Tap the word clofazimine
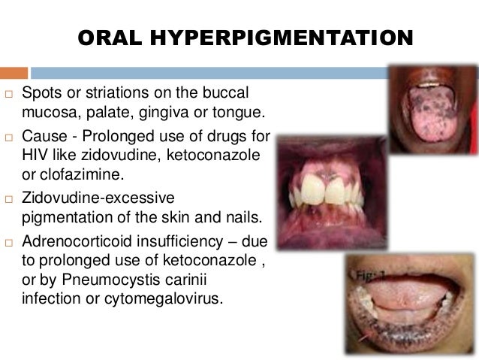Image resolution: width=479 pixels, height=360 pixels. tap(78, 174)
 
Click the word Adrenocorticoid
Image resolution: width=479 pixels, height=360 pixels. tap(88, 241)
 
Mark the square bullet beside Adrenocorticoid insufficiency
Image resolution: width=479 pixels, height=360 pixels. tap(9, 242)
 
